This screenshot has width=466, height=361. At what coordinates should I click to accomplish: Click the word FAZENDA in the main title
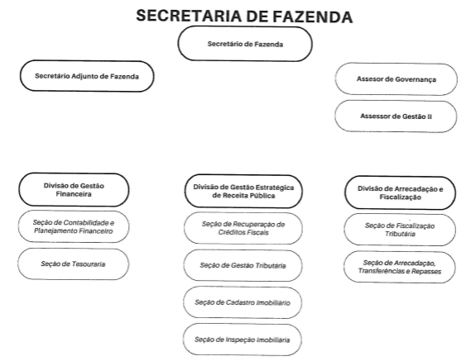pos(313,17)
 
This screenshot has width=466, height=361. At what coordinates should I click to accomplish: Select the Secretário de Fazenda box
pos(245,44)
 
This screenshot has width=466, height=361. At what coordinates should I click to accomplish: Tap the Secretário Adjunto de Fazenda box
pos(87,76)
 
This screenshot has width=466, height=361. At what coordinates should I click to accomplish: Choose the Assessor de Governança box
pos(396,79)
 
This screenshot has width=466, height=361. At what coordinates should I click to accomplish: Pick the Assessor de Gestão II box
pos(396,116)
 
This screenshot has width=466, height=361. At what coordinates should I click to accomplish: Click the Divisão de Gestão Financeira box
pos(74,190)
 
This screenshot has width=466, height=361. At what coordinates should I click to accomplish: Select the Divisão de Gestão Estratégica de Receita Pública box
pos(243,192)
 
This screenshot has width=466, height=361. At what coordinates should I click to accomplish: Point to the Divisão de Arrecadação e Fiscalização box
pos(400,192)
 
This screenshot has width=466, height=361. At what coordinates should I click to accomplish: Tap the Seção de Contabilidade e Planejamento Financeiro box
pos(74,226)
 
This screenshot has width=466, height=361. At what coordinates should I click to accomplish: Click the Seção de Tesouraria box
pos(73,264)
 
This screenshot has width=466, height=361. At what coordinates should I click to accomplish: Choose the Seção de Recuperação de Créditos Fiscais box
pos(243,228)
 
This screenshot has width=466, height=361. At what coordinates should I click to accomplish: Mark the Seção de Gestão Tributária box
pos(243,265)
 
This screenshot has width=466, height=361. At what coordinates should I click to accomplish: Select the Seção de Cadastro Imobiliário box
pos(243,302)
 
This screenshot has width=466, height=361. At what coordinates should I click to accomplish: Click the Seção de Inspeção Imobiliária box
pos(243,340)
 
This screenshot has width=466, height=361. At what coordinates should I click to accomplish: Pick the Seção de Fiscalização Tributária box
pos(400,230)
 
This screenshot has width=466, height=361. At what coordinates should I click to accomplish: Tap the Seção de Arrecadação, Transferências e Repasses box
pos(400,267)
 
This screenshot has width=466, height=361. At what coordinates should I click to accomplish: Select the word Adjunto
pos(85,76)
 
